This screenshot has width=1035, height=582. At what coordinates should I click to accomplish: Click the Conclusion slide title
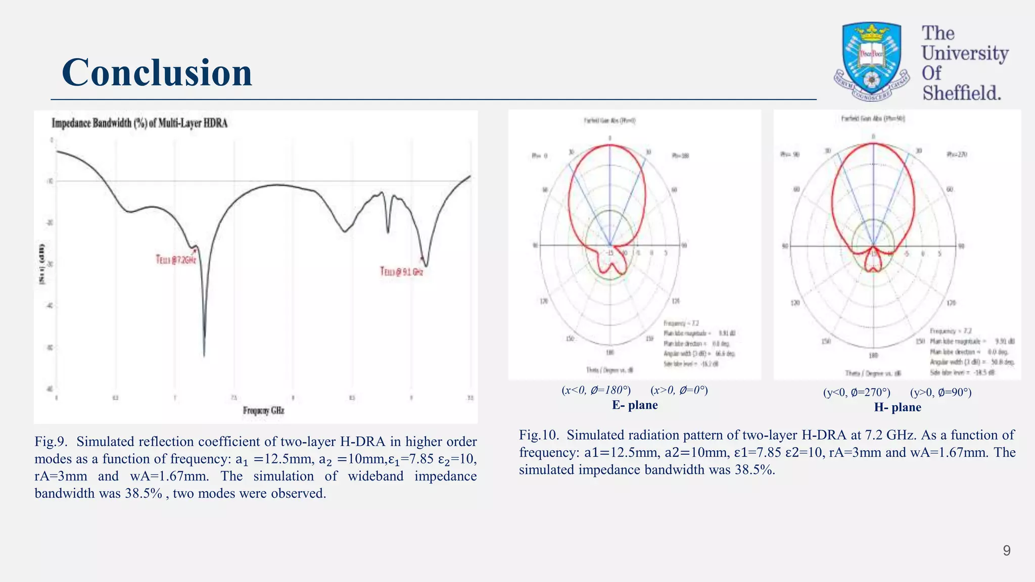pos(157,73)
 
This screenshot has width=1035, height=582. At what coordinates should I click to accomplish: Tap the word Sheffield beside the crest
pos(961,93)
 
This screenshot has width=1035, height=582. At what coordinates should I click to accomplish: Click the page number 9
pos(1006,550)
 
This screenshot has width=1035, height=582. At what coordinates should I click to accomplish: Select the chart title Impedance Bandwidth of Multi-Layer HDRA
pos(139,123)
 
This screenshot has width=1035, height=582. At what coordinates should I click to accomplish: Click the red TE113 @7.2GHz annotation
pos(175,260)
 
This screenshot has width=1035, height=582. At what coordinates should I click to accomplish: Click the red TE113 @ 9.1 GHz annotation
pos(401,272)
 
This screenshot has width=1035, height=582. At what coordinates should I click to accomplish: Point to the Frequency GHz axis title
pos(263,410)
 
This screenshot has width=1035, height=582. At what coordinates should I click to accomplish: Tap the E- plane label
pos(635,405)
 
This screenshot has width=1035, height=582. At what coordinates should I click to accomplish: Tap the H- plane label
pos(898,407)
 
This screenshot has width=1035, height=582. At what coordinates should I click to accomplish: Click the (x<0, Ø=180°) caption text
pos(596,390)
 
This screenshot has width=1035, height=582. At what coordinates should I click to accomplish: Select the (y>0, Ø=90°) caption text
pos(940,393)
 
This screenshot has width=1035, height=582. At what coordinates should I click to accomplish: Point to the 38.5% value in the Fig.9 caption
pos(144,493)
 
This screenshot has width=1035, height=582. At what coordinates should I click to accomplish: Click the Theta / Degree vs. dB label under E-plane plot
pos(609,370)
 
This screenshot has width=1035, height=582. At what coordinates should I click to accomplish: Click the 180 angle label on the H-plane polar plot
pos(873,356)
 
